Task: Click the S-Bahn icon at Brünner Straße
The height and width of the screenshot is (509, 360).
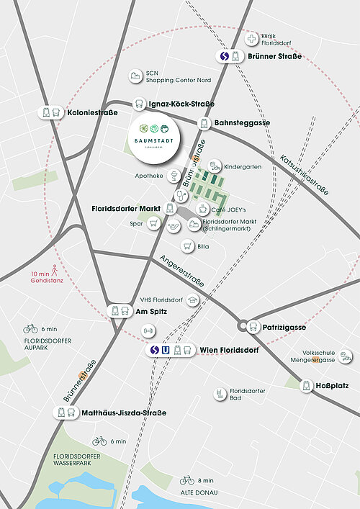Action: (x=224, y=57)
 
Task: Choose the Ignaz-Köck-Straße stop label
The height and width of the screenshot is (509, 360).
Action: (x=179, y=104)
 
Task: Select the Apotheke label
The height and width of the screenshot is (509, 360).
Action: (x=150, y=176)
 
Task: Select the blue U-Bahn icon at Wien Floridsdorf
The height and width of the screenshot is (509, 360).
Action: (x=166, y=351)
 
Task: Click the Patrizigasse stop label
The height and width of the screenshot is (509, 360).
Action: (x=285, y=328)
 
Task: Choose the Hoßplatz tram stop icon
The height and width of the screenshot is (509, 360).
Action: (x=307, y=386)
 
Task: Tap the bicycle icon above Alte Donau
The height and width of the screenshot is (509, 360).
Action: (x=186, y=479)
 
